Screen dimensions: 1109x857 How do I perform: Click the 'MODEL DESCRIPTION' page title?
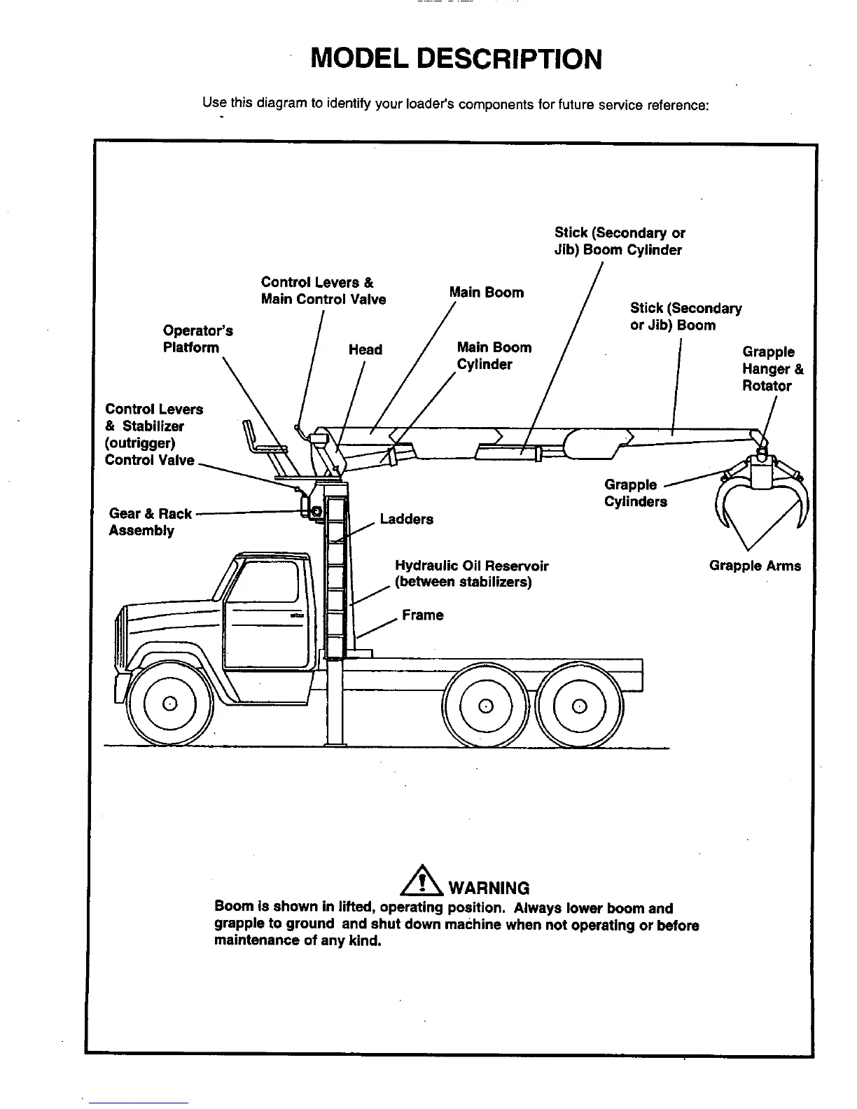coord(456,60)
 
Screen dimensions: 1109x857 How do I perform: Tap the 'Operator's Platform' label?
coord(197,339)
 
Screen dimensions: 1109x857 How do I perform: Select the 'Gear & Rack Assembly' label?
coord(150,522)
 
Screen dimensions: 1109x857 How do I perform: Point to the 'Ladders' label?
coord(406,519)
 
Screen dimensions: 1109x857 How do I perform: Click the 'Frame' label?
coord(422,615)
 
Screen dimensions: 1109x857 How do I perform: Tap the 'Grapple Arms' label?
coord(755,566)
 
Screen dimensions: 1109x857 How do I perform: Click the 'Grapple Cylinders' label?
coord(635,493)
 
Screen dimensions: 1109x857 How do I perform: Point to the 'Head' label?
coord(365,349)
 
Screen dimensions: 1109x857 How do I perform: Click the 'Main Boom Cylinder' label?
coord(494,356)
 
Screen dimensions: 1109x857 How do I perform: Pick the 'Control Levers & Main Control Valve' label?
coord(323,291)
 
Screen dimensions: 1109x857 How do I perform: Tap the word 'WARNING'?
coord(488,888)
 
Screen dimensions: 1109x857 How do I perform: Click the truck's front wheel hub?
coord(169,703)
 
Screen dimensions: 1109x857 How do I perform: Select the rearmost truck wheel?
coord(579,704)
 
